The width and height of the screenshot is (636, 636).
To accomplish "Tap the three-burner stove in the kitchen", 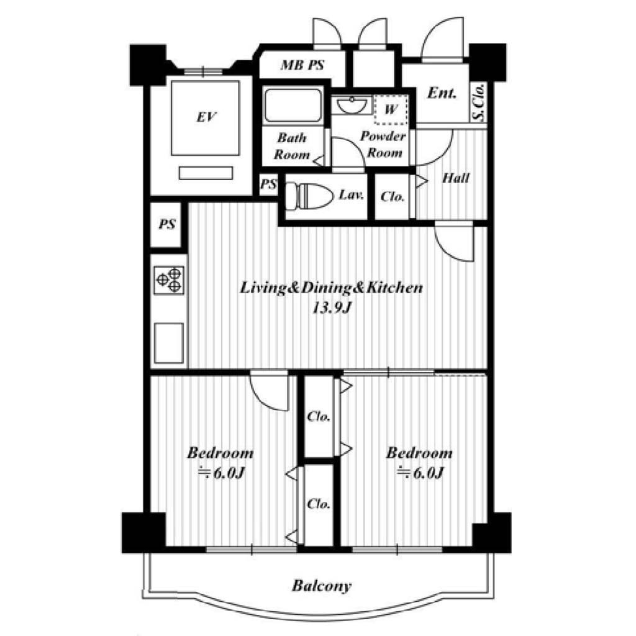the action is [169, 280].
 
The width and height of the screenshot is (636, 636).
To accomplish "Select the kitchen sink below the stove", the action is [169, 343].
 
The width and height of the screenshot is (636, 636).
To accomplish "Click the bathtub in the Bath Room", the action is [293, 104].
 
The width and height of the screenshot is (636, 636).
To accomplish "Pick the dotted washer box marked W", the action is [391, 109].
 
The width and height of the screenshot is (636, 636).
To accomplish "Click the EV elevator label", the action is [206, 117].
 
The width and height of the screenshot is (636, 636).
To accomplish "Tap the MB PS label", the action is [302, 65].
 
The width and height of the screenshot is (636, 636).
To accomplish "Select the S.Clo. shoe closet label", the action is [479, 102].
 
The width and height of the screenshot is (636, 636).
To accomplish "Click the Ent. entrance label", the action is [442, 93].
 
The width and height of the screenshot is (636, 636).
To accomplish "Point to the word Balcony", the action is [322, 586].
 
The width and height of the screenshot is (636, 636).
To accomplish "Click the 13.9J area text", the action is [331, 308].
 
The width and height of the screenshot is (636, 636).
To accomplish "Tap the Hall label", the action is [456, 178].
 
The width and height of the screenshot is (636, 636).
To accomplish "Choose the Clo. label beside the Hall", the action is [393, 197].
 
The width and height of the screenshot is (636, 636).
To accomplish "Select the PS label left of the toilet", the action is [268, 184].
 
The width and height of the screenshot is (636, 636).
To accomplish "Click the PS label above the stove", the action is [167, 224].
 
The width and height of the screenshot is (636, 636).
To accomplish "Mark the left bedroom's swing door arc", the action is [263, 399].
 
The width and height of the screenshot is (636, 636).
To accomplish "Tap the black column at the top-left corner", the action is [148, 65].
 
